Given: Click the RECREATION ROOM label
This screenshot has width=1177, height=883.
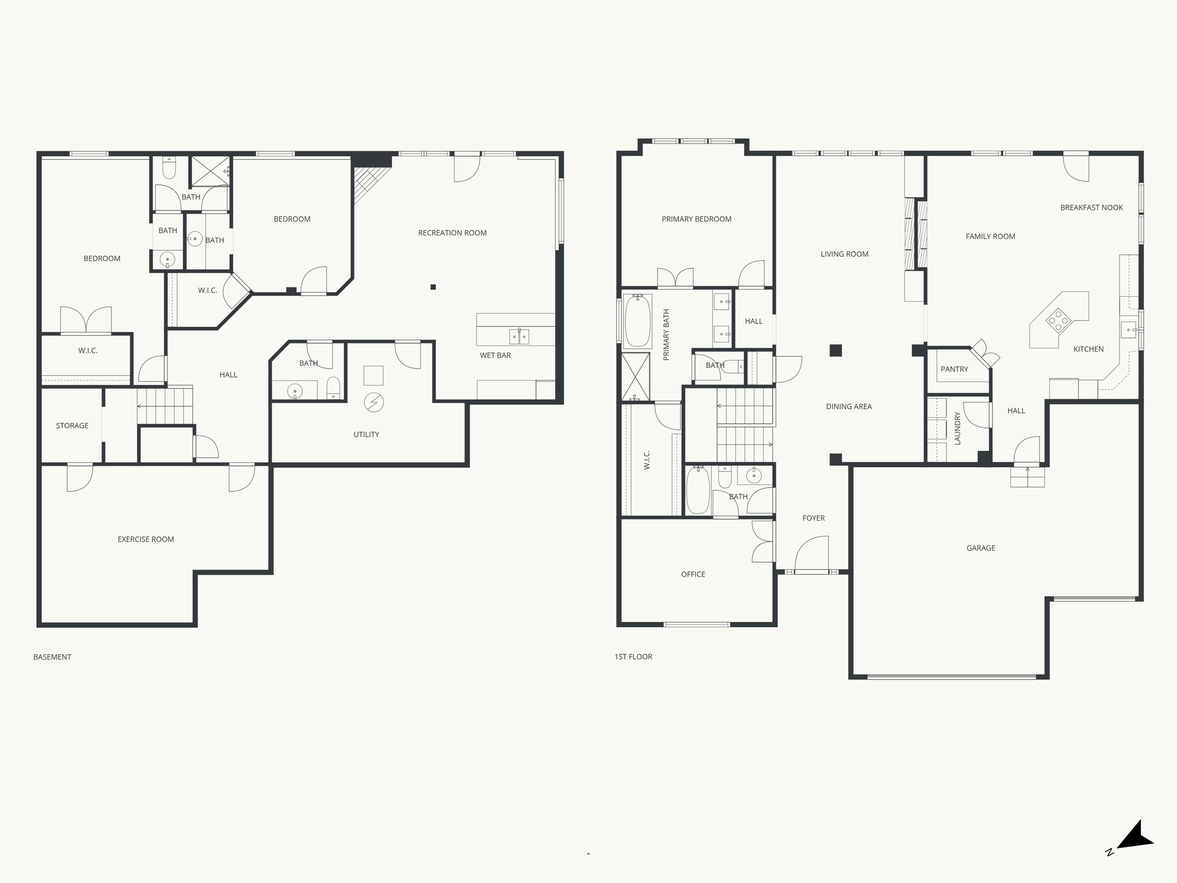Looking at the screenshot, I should (x=452, y=233).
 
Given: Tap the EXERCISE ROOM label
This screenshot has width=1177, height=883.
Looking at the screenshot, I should (x=145, y=539).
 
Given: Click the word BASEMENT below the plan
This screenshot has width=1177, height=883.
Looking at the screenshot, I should (x=52, y=657).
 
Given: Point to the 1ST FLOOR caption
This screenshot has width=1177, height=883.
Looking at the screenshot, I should (x=633, y=657).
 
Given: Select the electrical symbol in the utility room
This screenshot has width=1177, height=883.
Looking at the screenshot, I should (x=374, y=402).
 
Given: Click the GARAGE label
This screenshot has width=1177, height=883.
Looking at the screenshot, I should (x=980, y=548).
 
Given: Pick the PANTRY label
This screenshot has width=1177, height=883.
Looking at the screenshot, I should (x=954, y=369).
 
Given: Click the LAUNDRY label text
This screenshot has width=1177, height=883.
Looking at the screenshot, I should (x=957, y=428).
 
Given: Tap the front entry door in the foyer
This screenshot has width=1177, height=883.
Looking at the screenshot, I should (x=811, y=555).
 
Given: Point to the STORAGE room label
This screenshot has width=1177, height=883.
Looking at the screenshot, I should (x=72, y=425).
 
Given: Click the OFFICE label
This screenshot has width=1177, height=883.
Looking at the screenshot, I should (x=693, y=574).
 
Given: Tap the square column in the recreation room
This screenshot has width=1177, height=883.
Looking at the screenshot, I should (x=433, y=287).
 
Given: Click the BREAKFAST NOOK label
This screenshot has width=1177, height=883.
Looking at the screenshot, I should (x=1091, y=208).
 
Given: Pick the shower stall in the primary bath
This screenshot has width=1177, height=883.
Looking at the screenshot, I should (x=635, y=377).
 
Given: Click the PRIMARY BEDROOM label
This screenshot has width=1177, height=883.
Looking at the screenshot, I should (x=697, y=219).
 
